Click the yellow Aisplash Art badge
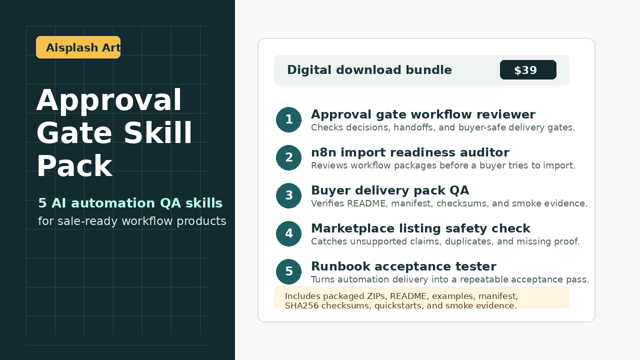click(x=78, y=47)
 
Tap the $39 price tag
click(x=528, y=69)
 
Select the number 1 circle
click(x=288, y=119)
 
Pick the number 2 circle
click(x=288, y=157)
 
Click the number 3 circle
click(x=288, y=195)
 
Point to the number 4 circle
click(x=288, y=233)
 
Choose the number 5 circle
click(x=288, y=271)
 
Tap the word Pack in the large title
click(x=74, y=166)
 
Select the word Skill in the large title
click(x=158, y=132)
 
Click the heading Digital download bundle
click(x=369, y=70)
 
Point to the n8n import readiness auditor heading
click(x=410, y=152)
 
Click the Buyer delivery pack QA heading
click(x=390, y=190)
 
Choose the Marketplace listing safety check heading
click(x=420, y=228)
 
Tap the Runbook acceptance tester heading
click(x=403, y=266)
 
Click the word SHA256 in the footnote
click(x=301, y=305)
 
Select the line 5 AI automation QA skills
click(x=130, y=203)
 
